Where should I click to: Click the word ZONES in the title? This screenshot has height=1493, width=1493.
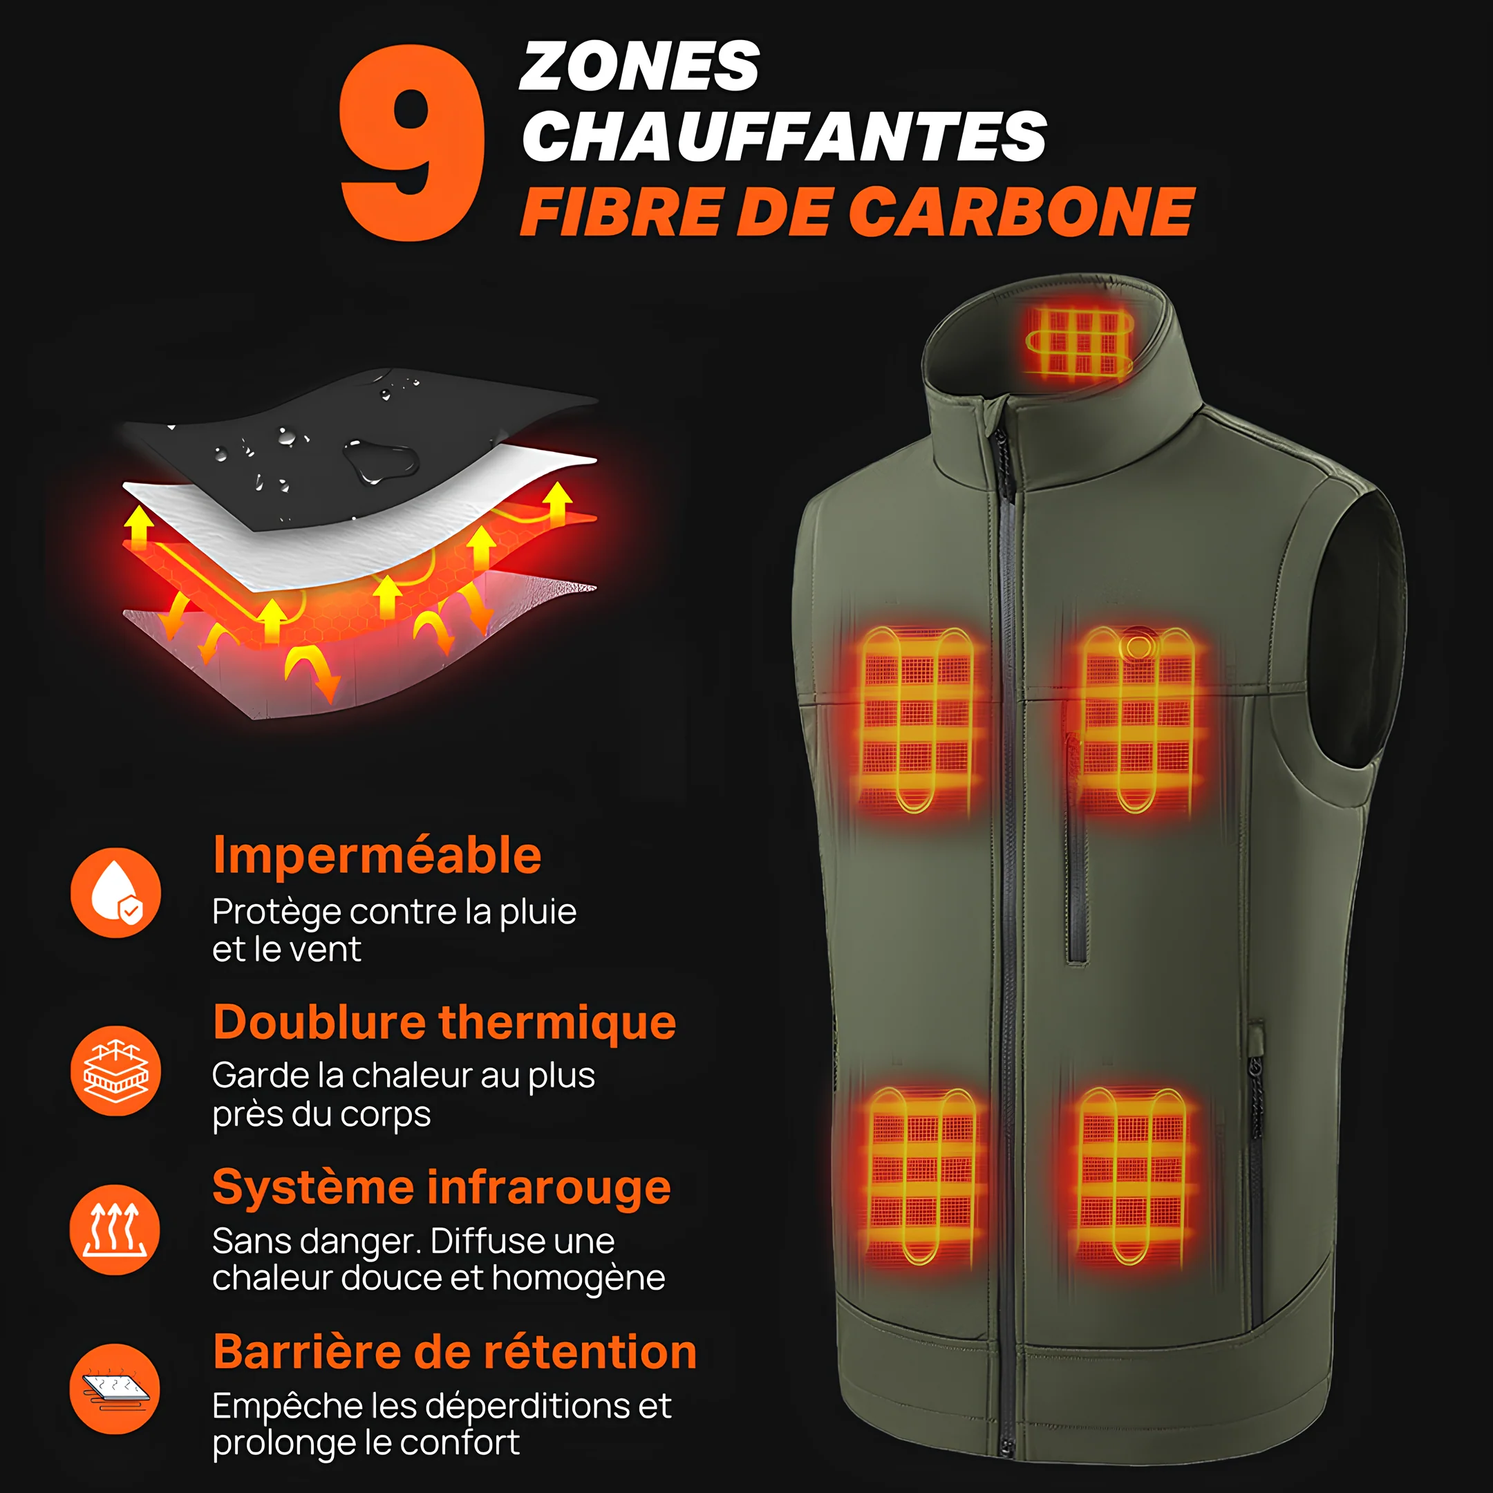[x=640, y=67]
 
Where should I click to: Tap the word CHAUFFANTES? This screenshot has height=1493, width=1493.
[x=785, y=136]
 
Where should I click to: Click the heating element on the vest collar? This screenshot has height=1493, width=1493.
[x=1079, y=342]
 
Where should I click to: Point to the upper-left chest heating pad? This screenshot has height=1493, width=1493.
[x=917, y=719]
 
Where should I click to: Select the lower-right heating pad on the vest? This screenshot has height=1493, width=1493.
[x=1132, y=1174]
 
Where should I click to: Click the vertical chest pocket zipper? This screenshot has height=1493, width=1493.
[x=1075, y=850]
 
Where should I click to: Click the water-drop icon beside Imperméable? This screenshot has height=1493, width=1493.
[x=116, y=892]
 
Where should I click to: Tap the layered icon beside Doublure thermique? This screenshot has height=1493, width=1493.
[x=116, y=1070]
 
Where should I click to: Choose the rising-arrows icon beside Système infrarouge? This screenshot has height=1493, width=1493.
[x=115, y=1230]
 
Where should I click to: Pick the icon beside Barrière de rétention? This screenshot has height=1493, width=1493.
[x=115, y=1389]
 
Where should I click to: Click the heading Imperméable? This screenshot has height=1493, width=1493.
[x=377, y=856]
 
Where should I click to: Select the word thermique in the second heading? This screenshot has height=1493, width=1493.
[x=557, y=1022]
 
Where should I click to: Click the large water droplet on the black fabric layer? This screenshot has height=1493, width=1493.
[x=380, y=461]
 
